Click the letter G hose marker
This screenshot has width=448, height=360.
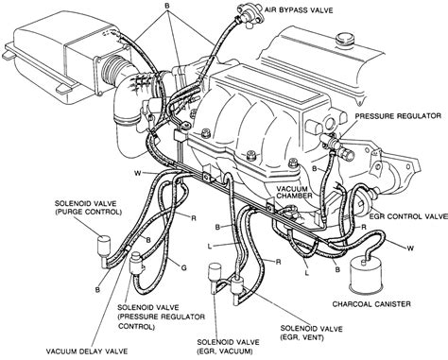pyautogui.click(x=185, y=268)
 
